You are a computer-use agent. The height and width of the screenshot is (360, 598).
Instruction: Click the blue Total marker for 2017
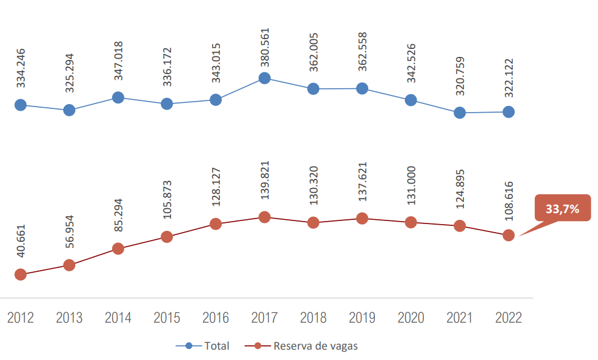[265, 78]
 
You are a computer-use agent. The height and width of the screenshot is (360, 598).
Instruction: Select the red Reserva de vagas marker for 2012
[20, 274]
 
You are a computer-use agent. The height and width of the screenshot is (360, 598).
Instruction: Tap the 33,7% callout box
[562, 209]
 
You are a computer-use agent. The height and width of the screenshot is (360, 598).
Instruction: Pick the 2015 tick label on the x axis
[167, 318]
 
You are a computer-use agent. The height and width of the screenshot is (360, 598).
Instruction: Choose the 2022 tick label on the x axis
[508, 318]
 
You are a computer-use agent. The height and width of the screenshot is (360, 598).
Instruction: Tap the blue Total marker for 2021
[460, 113]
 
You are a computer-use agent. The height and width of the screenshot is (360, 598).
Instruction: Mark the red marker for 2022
[508, 235]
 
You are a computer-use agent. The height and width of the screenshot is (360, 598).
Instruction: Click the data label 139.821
[265, 186]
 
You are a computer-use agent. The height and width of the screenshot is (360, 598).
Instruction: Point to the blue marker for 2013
[69, 110]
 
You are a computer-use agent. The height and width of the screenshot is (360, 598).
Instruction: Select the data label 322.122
[508, 78]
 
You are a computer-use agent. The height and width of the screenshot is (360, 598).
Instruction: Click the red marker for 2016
[216, 223]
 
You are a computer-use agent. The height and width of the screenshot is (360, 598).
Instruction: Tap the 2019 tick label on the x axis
[362, 318]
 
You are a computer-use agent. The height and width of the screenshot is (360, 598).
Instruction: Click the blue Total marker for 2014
[118, 97]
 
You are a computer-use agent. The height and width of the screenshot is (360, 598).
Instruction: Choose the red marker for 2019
[362, 219]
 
